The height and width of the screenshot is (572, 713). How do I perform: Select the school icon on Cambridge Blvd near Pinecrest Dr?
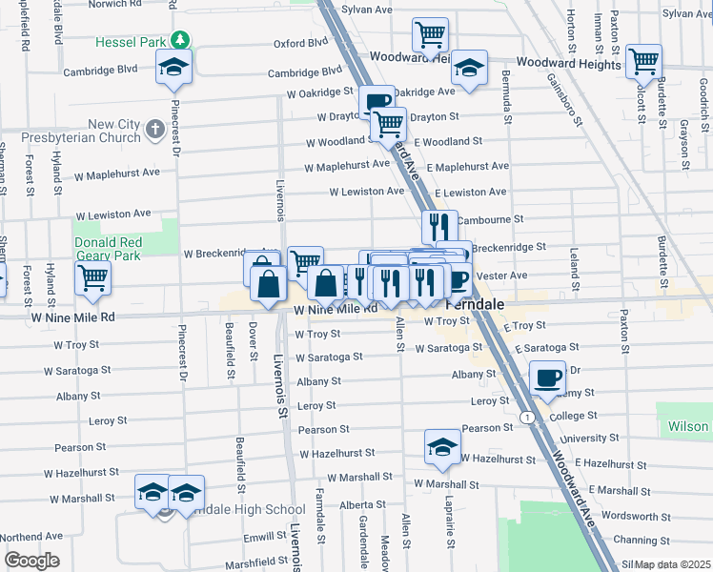coord(173,67)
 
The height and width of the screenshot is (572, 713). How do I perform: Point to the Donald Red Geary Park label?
coord(121,250)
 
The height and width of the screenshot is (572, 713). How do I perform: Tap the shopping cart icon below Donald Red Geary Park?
coord(93,277)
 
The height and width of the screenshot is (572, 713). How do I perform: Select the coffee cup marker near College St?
coord(547,378)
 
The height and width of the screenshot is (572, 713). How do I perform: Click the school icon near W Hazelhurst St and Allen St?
coord(442,447)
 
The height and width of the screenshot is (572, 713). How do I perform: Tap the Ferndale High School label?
coord(238,510)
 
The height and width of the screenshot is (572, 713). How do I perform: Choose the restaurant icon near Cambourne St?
coord(439,228)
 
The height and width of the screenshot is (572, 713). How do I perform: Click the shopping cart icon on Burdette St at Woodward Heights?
coord(645,62)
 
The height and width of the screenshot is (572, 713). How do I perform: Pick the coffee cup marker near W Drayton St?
coord(376,102)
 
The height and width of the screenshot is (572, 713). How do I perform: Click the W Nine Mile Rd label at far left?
coord(72,317)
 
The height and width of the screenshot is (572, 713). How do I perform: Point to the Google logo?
coord(31,561)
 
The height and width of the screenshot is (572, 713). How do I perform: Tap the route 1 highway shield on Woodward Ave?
coord(525,418)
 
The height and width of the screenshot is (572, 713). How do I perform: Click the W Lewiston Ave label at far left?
coord(113,214)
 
